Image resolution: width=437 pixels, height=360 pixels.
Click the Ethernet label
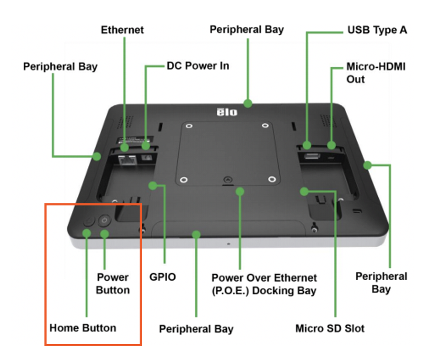122,30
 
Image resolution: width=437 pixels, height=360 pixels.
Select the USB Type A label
377,30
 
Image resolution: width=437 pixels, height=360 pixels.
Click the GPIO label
163,276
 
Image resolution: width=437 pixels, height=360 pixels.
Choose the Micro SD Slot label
330,328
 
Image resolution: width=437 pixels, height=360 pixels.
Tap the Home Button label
83,327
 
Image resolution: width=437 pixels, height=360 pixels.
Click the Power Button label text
113,283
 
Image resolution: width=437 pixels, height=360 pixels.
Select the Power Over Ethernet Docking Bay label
264,284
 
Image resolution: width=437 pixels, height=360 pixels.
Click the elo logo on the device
227,112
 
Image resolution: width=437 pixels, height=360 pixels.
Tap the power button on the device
104,220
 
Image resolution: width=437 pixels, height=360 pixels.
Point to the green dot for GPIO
153,186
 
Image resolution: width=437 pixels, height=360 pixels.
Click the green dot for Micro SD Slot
304,191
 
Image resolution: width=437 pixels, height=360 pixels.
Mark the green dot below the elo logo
247,103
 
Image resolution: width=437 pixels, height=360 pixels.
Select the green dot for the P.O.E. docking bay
240,190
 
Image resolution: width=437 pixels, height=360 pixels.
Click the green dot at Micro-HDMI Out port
331,145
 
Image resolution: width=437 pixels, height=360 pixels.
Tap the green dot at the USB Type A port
307,144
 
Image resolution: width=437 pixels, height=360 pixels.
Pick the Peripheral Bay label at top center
247,29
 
